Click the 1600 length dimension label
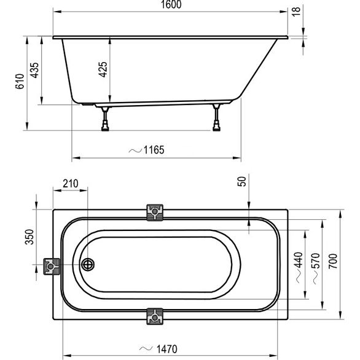click(171, 4)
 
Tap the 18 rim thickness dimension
click(296, 11)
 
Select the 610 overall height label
click(20, 81)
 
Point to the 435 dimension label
click(34, 70)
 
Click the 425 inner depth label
click(103, 69)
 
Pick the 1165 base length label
click(154, 150)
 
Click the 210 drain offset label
click(71, 184)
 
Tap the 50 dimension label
click(242, 181)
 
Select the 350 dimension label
click(29, 237)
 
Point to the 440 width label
click(299, 260)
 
